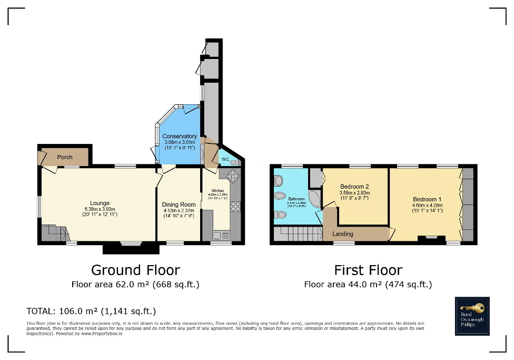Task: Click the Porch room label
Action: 65,157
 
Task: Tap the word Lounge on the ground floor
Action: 100,203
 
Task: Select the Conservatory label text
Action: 180,137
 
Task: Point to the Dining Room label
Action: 179,205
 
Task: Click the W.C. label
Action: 225,159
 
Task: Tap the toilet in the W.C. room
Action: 233,162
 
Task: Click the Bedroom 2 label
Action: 354,187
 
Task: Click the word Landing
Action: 343,233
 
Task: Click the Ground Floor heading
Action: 135,270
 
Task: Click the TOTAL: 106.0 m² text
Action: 91,310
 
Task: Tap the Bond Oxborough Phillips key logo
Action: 472,316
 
